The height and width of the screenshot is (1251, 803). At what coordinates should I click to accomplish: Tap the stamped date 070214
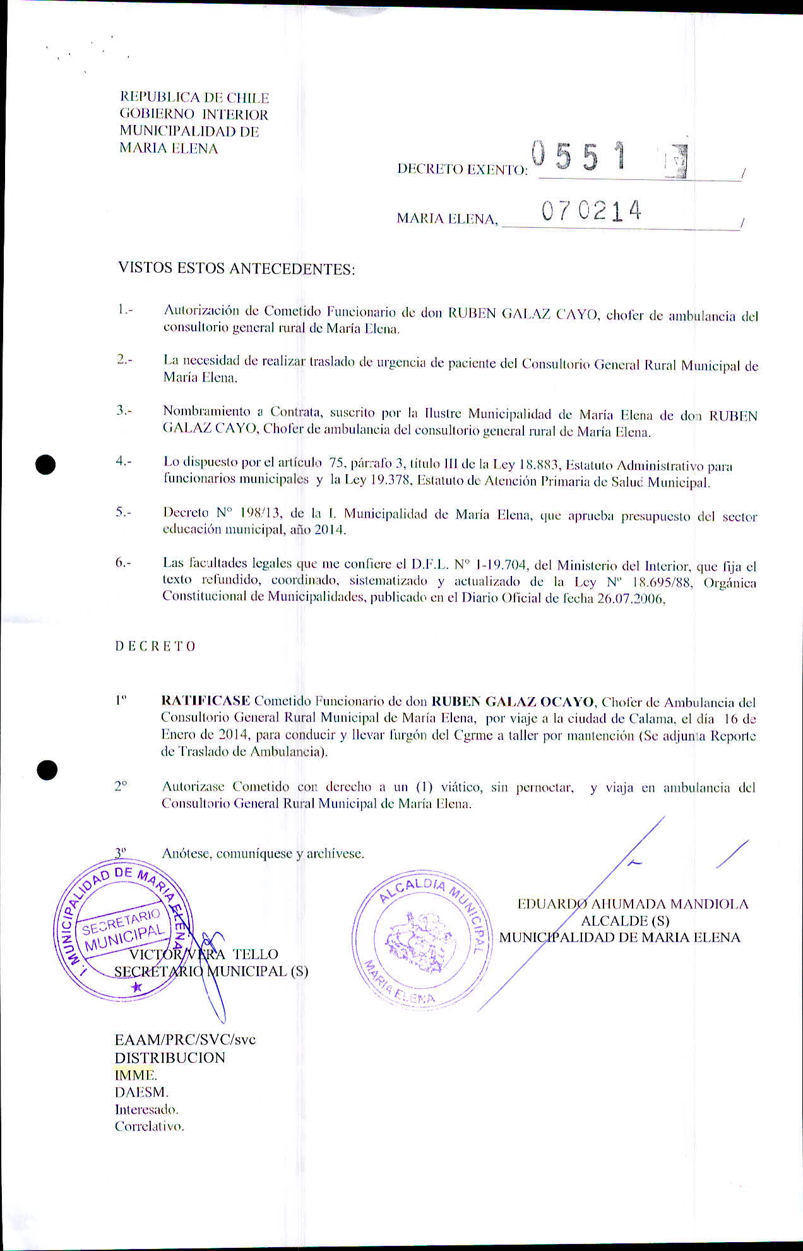[x=592, y=211]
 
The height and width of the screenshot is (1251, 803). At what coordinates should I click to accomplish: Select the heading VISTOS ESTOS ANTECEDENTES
[x=236, y=268]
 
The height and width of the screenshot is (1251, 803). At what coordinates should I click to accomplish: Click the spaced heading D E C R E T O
[x=155, y=646]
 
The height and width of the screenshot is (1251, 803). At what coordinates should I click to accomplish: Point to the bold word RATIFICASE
[x=206, y=700]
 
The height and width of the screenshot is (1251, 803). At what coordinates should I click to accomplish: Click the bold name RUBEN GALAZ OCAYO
[x=513, y=702]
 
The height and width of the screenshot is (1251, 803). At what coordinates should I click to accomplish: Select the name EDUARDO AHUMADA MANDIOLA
[x=633, y=904]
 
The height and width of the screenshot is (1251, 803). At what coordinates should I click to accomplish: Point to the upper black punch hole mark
[x=46, y=465]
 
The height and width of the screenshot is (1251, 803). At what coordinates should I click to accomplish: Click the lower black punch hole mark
[x=47, y=770]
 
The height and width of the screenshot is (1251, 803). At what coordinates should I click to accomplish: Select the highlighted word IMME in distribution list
[x=134, y=1074]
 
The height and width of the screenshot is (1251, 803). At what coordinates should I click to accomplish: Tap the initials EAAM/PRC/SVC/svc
[x=185, y=1039]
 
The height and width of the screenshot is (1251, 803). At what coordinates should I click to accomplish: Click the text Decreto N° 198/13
[x=208, y=513]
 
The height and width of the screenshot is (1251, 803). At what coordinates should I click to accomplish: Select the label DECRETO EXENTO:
[x=462, y=169]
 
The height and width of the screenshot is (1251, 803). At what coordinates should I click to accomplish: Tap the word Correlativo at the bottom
[x=150, y=1126]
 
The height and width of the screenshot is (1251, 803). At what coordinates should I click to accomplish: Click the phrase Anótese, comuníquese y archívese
[x=263, y=854]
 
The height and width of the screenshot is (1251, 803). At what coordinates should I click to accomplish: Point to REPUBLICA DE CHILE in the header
[x=194, y=98]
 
